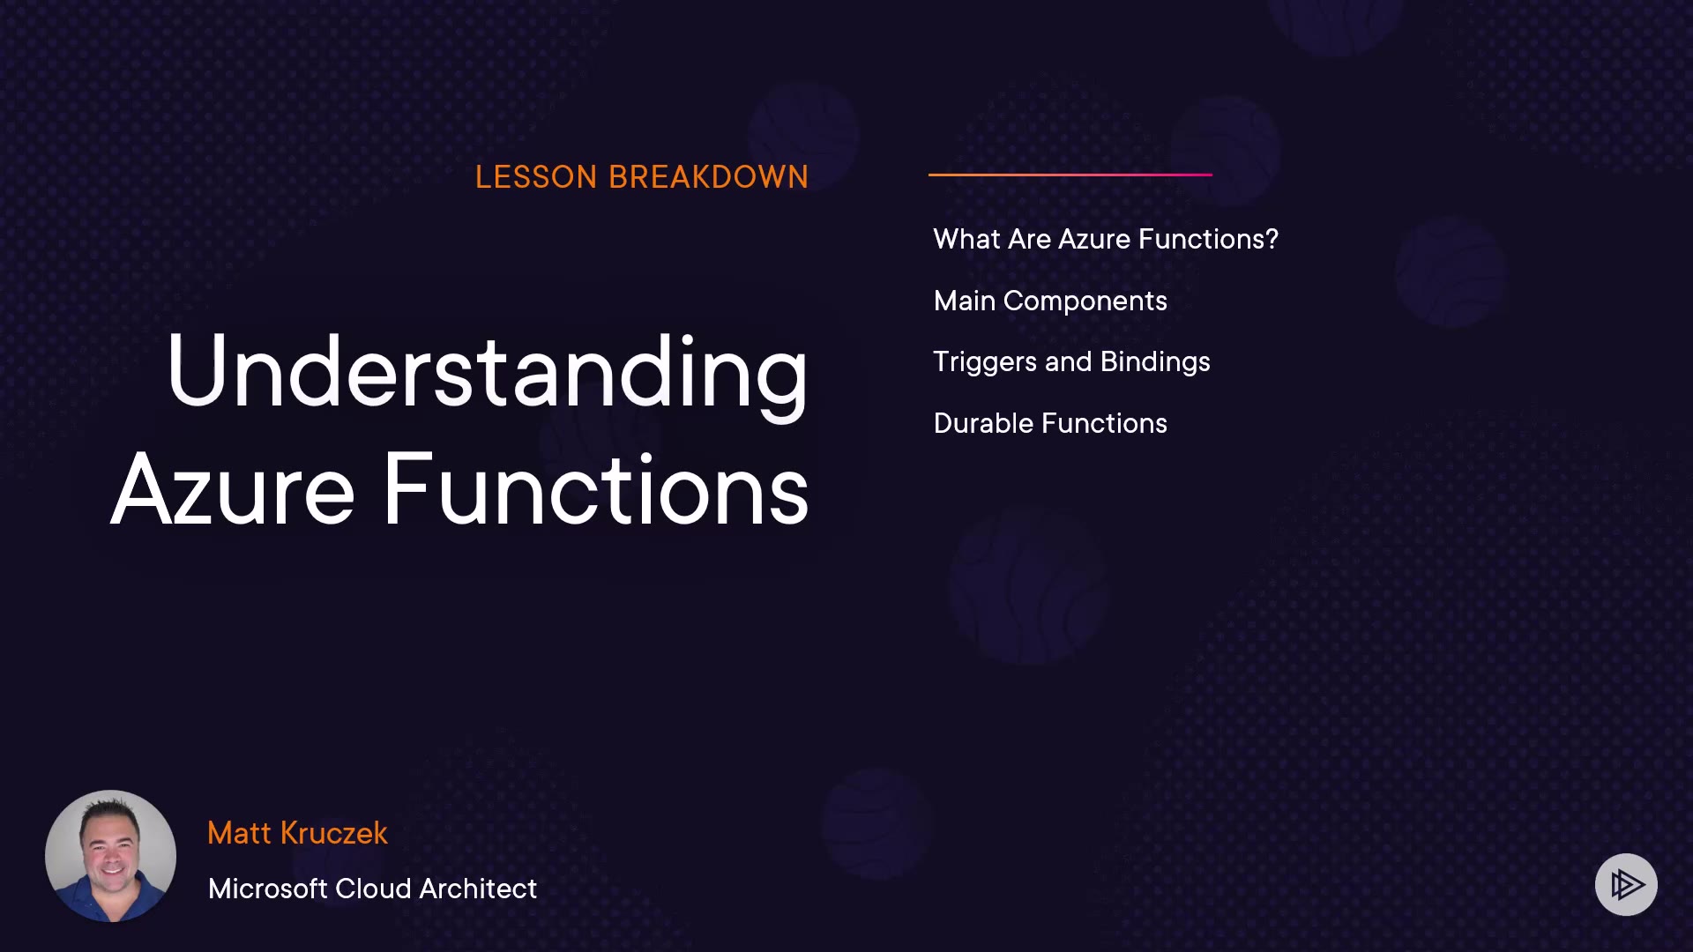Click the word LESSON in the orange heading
point(536,177)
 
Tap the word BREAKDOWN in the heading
point(708,177)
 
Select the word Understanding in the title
point(487,374)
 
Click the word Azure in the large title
point(233,489)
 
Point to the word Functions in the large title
point(596,489)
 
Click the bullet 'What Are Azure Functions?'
point(1106,239)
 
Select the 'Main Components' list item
point(1050,301)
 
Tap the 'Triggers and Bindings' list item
point(1071,362)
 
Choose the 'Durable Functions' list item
point(1050,423)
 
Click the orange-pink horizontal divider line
point(1070,175)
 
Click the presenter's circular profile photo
point(110,856)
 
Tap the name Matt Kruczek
point(297,833)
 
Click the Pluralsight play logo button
point(1626,884)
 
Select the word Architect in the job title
point(478,889)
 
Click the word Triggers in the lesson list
point(985,362)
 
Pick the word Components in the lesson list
point(1085,301)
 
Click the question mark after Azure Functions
point(1272,239)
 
